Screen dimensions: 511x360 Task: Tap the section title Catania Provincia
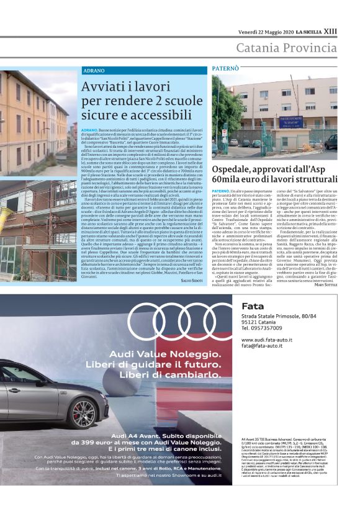tap(286, 48)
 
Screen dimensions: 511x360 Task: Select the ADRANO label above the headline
tap(94, 71)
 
